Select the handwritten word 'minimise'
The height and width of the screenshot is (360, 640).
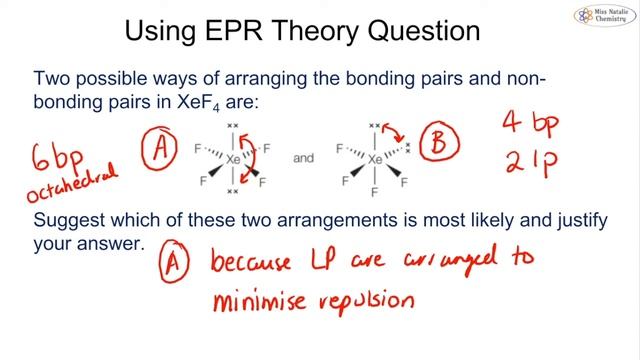(x=265, y=299)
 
